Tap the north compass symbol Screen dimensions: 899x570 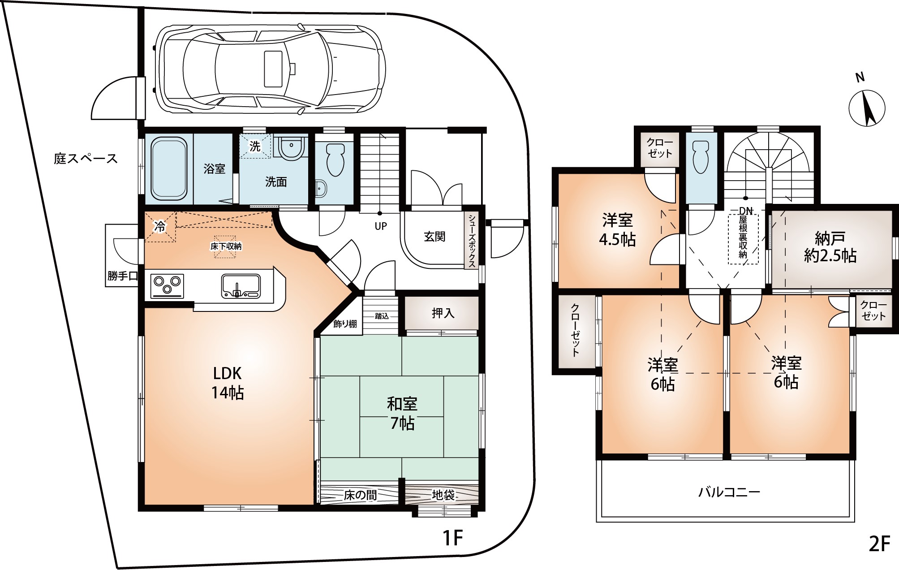(867, 108)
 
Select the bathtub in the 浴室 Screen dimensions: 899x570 (169, 168)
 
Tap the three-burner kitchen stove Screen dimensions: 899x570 (168, 285)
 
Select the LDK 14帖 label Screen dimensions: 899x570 (228, 383)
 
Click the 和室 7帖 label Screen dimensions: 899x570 (402, 413)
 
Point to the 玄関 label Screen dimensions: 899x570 (434, 236)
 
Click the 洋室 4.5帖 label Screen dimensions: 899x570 (617, 230)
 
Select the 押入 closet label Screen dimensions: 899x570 (443, 313)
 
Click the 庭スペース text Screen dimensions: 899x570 (86, 159)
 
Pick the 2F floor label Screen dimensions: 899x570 (878, 544)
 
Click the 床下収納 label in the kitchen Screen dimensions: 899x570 (226, 246)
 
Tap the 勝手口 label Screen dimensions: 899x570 (122, 276)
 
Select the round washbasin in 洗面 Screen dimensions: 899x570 (291, 148)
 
